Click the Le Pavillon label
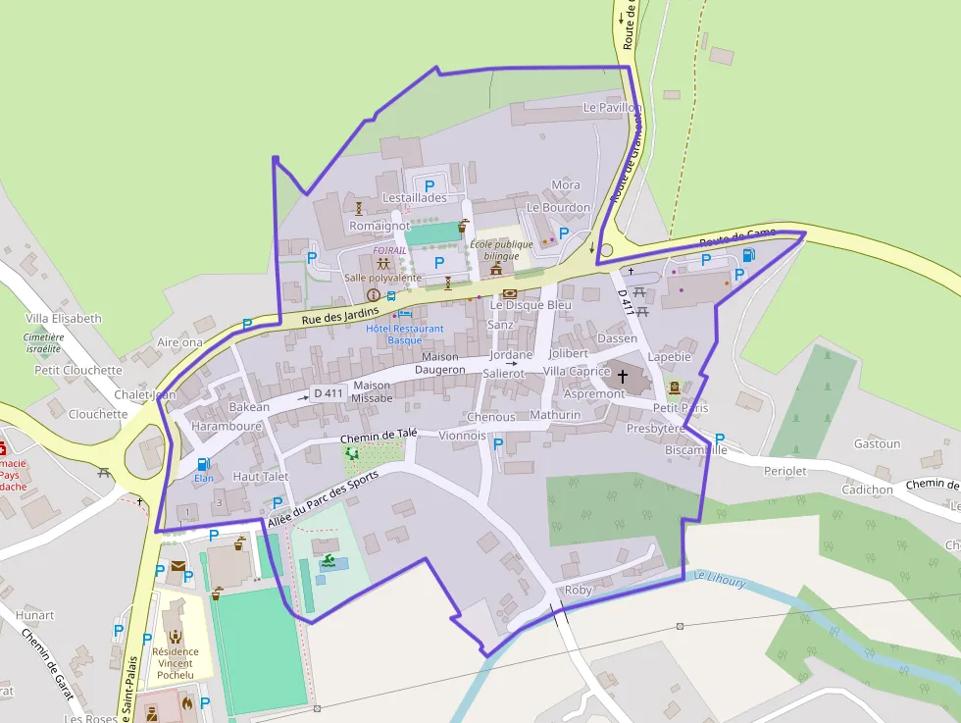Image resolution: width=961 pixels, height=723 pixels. [x=611, y=106]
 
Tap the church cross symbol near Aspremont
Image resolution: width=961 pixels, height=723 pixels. [x=622, y=376]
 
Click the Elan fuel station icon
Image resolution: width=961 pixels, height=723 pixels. [x=203, y=464]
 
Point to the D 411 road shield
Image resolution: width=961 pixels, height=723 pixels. [x=328, y=394]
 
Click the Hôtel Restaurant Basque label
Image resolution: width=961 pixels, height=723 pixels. [x=404, y=335]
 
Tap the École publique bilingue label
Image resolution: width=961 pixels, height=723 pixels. [x=501, y=250]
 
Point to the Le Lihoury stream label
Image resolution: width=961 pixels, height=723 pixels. [x=720, y=580]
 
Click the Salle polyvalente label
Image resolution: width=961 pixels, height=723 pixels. [x=382, y=278]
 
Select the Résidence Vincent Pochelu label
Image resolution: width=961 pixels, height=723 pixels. [x=176, y=663]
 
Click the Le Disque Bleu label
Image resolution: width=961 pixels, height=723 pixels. [x=531, y=305]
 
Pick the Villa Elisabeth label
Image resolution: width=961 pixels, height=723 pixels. [x=64, y=319]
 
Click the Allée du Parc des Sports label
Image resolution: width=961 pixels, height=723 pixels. [x=322, y=499]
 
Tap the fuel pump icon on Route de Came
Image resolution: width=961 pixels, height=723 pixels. [x=748, y=255]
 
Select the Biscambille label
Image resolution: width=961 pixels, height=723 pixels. [x=695, y=449]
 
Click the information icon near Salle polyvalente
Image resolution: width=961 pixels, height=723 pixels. [x=373, y=294]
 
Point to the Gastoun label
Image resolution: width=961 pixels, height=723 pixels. [x=877, y=443]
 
